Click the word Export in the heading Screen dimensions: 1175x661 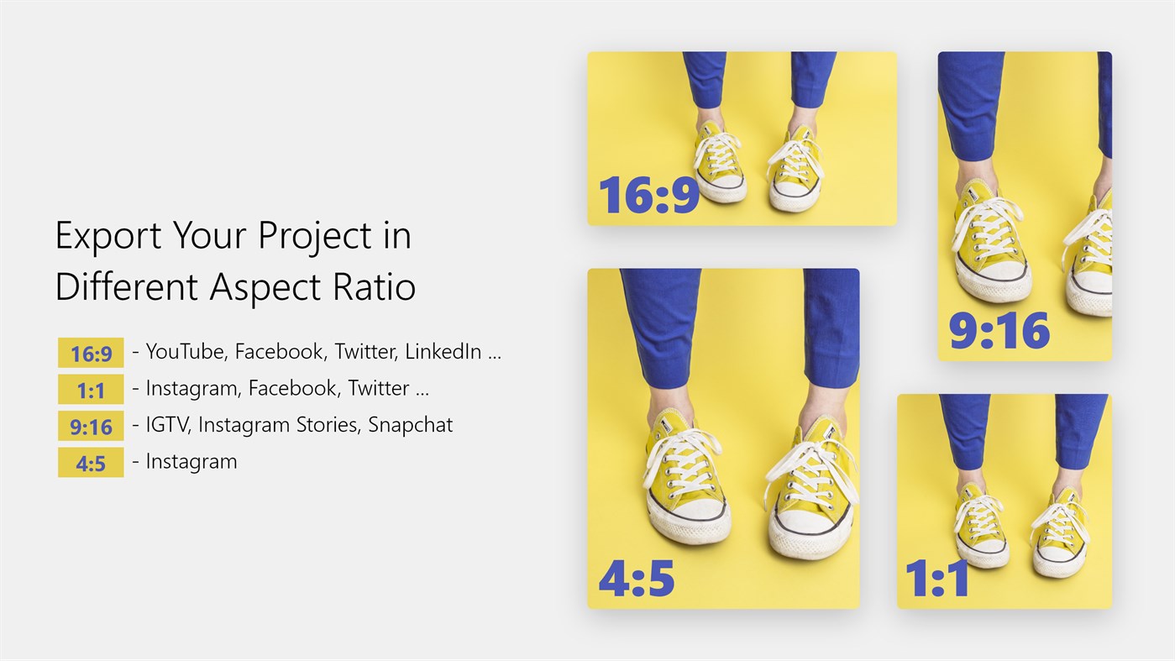tap(108, 236)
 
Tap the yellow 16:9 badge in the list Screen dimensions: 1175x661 tap(91, 353)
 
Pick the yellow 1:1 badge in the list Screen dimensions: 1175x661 tap(91, 389)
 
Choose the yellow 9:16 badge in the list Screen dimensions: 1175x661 tap(91, 426)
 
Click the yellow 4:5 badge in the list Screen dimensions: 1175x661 tap(91, 463)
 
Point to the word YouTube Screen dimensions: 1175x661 tap(186, 352)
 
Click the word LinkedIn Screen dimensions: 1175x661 tap(443, 352)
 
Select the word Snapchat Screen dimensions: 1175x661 tap(410, 425)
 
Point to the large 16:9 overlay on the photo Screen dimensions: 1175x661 tap(649, 195)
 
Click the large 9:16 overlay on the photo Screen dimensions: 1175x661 tap(999, 331)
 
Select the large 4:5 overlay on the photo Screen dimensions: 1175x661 tap(637, 578)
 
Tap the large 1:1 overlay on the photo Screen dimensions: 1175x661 tap(937, 578)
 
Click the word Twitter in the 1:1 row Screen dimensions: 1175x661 tap(379, 388)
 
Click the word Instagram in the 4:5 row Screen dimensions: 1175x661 tap(191, 462)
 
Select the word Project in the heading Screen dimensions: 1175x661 tap(315, 237)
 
